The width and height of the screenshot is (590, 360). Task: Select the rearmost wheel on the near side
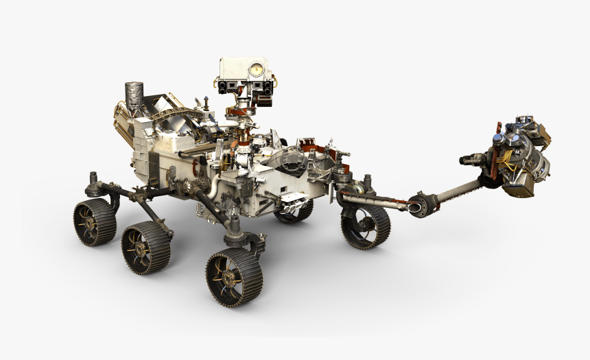pos(95,222)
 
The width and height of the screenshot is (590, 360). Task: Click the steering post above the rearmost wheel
pos(92,184)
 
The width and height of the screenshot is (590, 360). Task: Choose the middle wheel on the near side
pos(146,247)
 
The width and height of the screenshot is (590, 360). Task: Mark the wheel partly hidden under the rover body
pos(294,211)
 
